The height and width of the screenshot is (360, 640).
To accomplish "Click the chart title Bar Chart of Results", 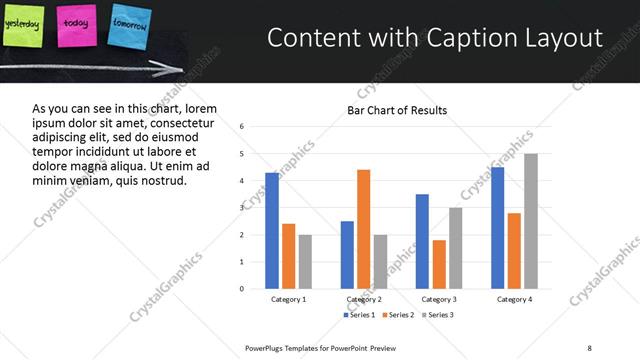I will [x=397, y=110].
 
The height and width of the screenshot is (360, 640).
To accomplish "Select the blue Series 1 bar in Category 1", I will [x=272, y=231].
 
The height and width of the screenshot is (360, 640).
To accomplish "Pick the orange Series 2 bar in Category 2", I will [x=363, y=229].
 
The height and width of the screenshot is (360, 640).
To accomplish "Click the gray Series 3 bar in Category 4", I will [x=530, y=221].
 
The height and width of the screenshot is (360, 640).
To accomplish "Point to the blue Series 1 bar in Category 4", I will [x=498, y=228].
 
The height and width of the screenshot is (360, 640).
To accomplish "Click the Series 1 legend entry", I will [x=361, y=315].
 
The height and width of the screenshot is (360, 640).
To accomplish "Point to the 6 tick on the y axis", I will [x=242, y=127].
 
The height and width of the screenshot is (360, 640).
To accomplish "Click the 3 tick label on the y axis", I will [x=242, y=208].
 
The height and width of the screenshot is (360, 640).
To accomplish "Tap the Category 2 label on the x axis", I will [x=363, y=299].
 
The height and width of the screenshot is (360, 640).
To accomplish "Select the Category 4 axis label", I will [x=514, y=299].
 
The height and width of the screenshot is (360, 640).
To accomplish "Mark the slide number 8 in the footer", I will [x=590, y=347].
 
